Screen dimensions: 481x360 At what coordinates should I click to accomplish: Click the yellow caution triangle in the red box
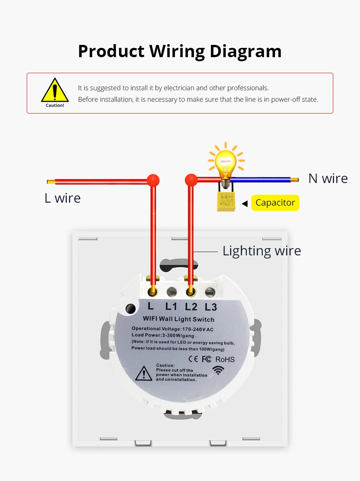[55, 91]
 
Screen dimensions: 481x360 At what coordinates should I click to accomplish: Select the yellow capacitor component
[226, 202]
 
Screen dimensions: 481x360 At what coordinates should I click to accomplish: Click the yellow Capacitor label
[275, 203]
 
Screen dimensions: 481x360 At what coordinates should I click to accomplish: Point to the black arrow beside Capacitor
[245, 203]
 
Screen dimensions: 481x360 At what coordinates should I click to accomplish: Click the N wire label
[328, 179]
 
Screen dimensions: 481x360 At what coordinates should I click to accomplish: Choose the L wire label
[62, 198]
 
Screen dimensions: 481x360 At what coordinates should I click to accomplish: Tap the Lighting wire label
[262, 251]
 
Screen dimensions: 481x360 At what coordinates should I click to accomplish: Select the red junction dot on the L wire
[153, 180]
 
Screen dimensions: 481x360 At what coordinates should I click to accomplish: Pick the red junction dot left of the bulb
[191, 180]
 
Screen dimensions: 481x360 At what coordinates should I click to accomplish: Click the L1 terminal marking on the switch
[171, 307]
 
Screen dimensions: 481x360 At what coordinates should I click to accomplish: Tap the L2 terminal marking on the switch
[191, 307]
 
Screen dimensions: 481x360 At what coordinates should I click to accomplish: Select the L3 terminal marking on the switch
[211, 307]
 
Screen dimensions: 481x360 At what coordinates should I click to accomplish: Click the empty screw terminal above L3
[210, 292]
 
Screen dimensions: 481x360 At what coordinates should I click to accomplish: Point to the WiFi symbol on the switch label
[219, 370]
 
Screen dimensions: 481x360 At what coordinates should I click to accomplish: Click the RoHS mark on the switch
[225, 359]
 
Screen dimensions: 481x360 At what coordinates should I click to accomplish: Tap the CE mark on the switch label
[193, 359]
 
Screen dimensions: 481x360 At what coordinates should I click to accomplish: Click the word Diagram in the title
[245, 51]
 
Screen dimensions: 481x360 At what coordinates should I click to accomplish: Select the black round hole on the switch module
[131, 308]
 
